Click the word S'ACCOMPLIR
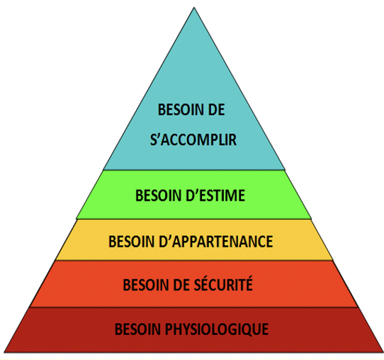coord(193,140)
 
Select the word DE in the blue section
coord(217,110)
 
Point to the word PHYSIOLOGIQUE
coord(217,329)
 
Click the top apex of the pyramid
coord(194,8)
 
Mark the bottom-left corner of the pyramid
coord(5,352)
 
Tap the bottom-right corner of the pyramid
coord(383,352)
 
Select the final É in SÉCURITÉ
coord(249,283)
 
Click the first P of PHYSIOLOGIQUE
coord(169,329)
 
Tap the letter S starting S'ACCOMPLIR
coord(154,140)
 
